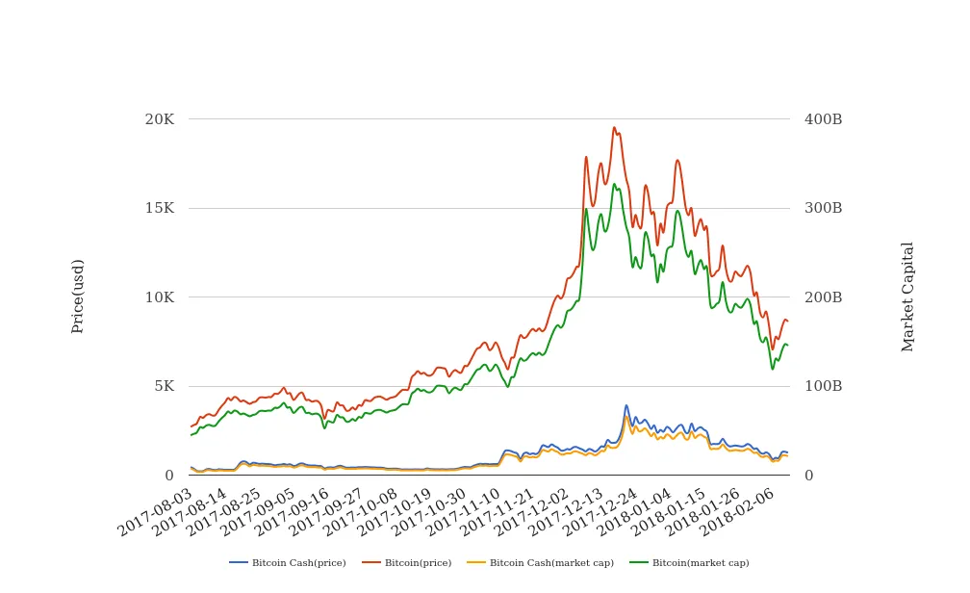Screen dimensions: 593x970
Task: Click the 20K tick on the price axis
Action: [159, 119]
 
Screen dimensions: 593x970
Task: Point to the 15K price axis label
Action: [159, 208]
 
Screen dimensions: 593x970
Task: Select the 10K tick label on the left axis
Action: [159, 297]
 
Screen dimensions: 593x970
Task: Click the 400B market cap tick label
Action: [823, 119]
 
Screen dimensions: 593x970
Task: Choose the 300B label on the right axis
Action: [823, 208]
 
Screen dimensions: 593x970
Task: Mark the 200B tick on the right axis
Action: [823, 297]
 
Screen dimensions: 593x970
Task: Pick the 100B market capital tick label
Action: [823, 386]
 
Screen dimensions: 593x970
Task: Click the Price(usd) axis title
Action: [78, 296]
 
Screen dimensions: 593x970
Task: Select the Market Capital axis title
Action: [907, 296]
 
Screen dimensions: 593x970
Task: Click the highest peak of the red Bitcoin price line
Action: [614, 127]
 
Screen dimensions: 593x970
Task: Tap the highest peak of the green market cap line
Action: [614, 184]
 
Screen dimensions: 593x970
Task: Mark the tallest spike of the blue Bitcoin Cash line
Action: [626, 405]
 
